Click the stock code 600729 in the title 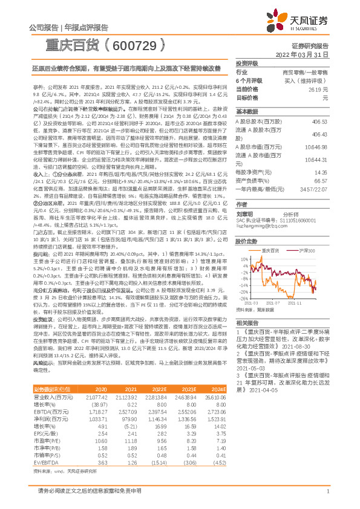(130, 46)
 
